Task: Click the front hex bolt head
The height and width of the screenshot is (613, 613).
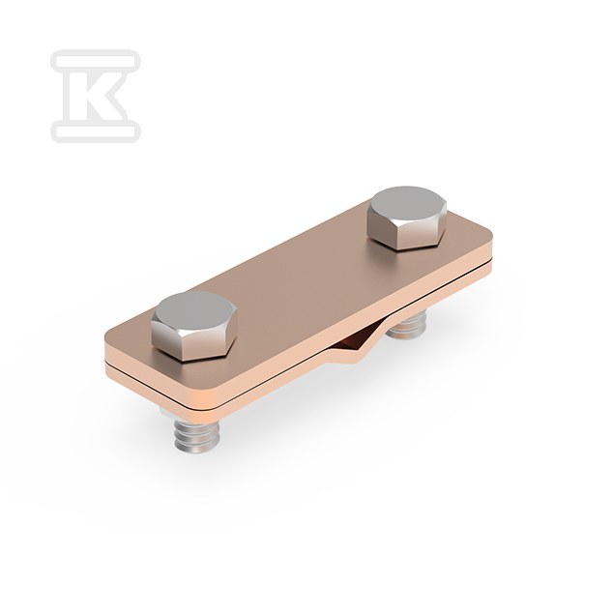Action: click(194, 325)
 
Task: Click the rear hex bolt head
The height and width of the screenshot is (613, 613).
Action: click(407, 219)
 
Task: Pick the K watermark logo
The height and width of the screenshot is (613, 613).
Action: click(96, 96)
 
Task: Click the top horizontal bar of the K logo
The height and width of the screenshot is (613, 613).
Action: click(96, 61)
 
